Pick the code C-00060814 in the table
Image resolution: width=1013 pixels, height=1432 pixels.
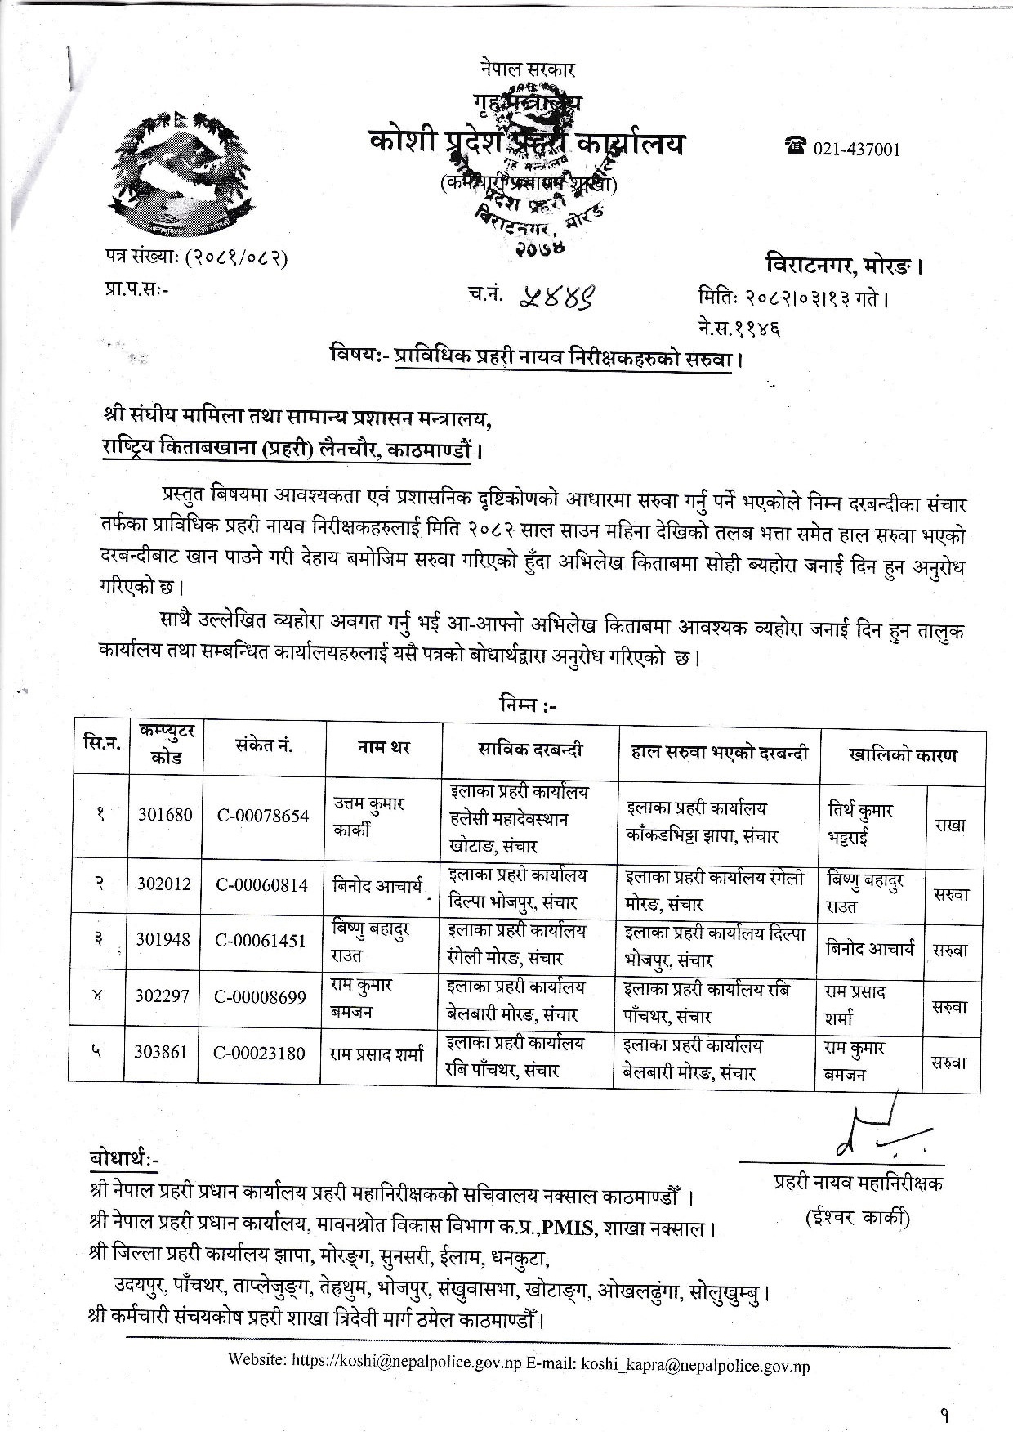[261, 884]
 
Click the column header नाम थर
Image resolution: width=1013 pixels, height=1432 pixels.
[383, 746]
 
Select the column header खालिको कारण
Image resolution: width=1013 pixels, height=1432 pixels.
[902, 754]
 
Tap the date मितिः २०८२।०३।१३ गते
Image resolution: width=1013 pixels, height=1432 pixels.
[792, 298]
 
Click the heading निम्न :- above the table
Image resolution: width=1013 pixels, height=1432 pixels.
[525, 705]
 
